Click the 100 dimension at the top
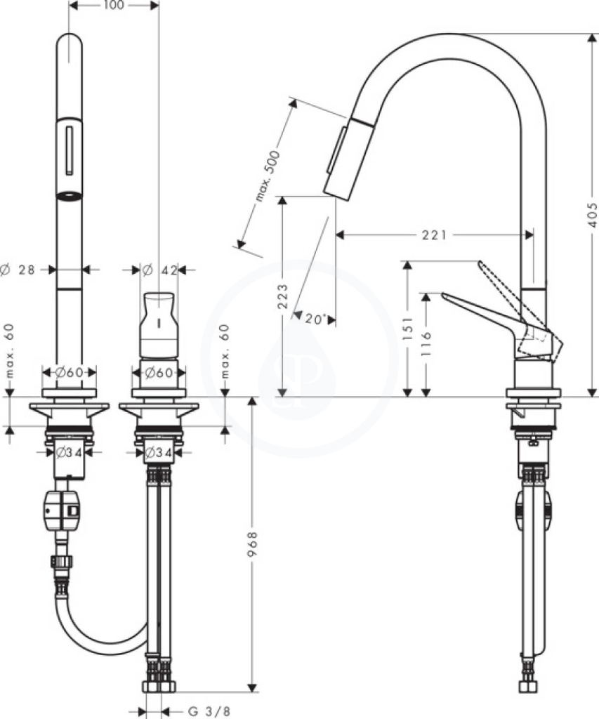tap(114, 6)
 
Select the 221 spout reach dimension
tap(434, 235)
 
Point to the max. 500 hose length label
tap(267, 176)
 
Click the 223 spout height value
tap(283, 296)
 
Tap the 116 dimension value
tap(426, 342)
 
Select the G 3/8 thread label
tap(209, 712)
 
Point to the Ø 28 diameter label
tap(18, 270)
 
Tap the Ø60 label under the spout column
tap(70, 372)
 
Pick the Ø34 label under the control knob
tap(159, 453)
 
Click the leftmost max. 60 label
tap(10, 351)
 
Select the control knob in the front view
tap(159, 325)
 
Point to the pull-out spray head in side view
tap(346, 158)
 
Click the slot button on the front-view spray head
tap(70, 150)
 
